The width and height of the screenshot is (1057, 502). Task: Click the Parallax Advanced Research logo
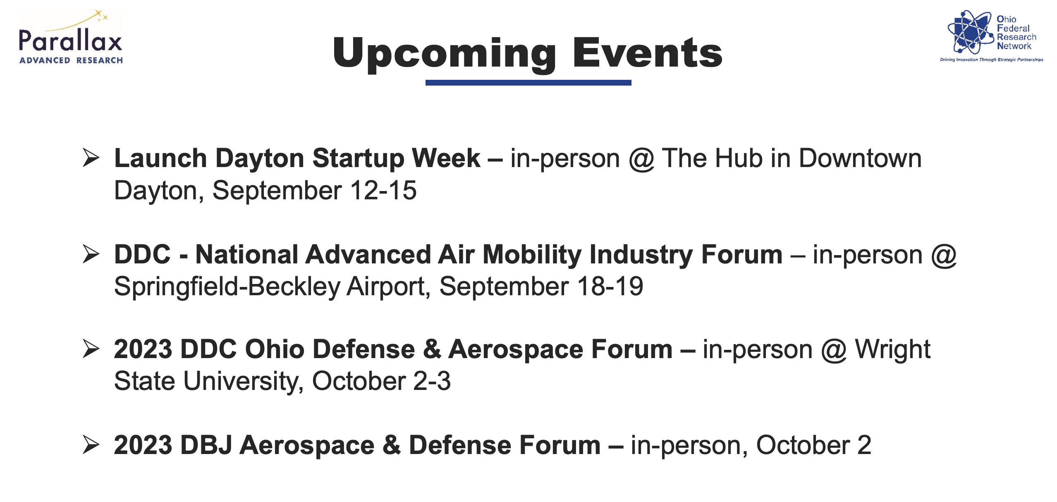tap(71, 37)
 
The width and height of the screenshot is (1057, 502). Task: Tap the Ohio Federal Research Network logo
tap(991, 36)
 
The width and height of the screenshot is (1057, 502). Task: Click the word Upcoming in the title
tap(445, 53)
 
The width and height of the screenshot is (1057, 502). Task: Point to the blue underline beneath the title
tap(528, 83)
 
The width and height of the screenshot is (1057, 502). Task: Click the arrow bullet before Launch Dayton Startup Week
tap(91, 158)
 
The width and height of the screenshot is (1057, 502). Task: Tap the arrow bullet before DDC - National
tap(91, 254)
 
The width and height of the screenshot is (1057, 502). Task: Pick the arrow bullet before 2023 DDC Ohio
tap(91, 349)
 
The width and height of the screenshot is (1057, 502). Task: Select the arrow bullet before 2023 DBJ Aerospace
tap(91, 445)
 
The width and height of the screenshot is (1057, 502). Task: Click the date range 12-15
tap(383, 190)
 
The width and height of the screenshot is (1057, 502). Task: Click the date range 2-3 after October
tap(432, 381)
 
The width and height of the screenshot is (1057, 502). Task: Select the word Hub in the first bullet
tap(739, 158)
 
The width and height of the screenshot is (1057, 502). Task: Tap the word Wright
tap(892, 350)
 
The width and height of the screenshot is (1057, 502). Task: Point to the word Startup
tap(358, 159)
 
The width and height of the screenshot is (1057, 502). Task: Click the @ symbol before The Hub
tap(641, 160)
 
